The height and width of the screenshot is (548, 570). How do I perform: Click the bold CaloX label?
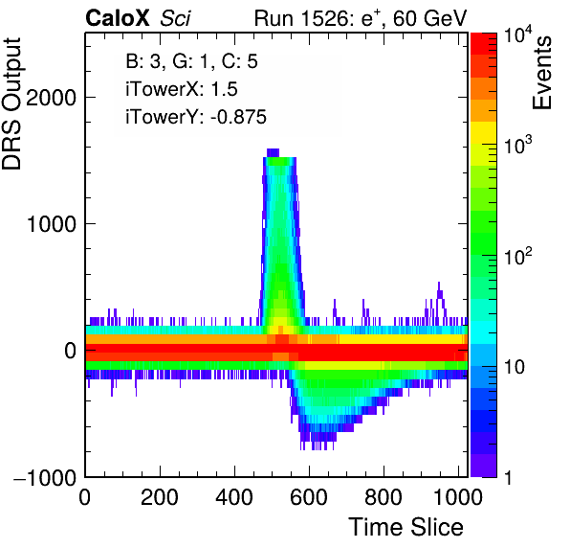point(118,18)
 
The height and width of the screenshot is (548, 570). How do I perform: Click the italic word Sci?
point(175,18)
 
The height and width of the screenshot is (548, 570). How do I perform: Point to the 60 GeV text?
point(429,18)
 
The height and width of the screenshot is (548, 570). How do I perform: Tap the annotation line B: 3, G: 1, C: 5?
point(191,61)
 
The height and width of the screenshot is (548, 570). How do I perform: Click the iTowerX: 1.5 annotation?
point(182,89)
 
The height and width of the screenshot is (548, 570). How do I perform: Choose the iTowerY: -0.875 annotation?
point(196,117)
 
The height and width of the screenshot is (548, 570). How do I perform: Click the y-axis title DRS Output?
point(11,103)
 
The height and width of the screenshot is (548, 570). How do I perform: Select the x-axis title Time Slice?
point(406,527)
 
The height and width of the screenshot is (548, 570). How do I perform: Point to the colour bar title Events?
point(541,73)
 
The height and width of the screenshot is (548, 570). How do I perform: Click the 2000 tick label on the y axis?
point(52,98)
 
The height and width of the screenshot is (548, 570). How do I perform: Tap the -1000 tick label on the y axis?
point(45,477)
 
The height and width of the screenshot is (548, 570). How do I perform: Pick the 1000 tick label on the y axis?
point(52,224)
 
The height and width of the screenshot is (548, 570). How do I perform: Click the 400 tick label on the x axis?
point(234,496)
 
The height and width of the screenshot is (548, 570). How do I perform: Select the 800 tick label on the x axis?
point(384,496)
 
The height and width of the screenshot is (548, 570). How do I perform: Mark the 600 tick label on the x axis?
point(309,496)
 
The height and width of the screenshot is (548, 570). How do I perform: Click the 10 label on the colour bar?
point(514,367)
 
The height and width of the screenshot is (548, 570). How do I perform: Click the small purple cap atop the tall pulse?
point(273,152)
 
